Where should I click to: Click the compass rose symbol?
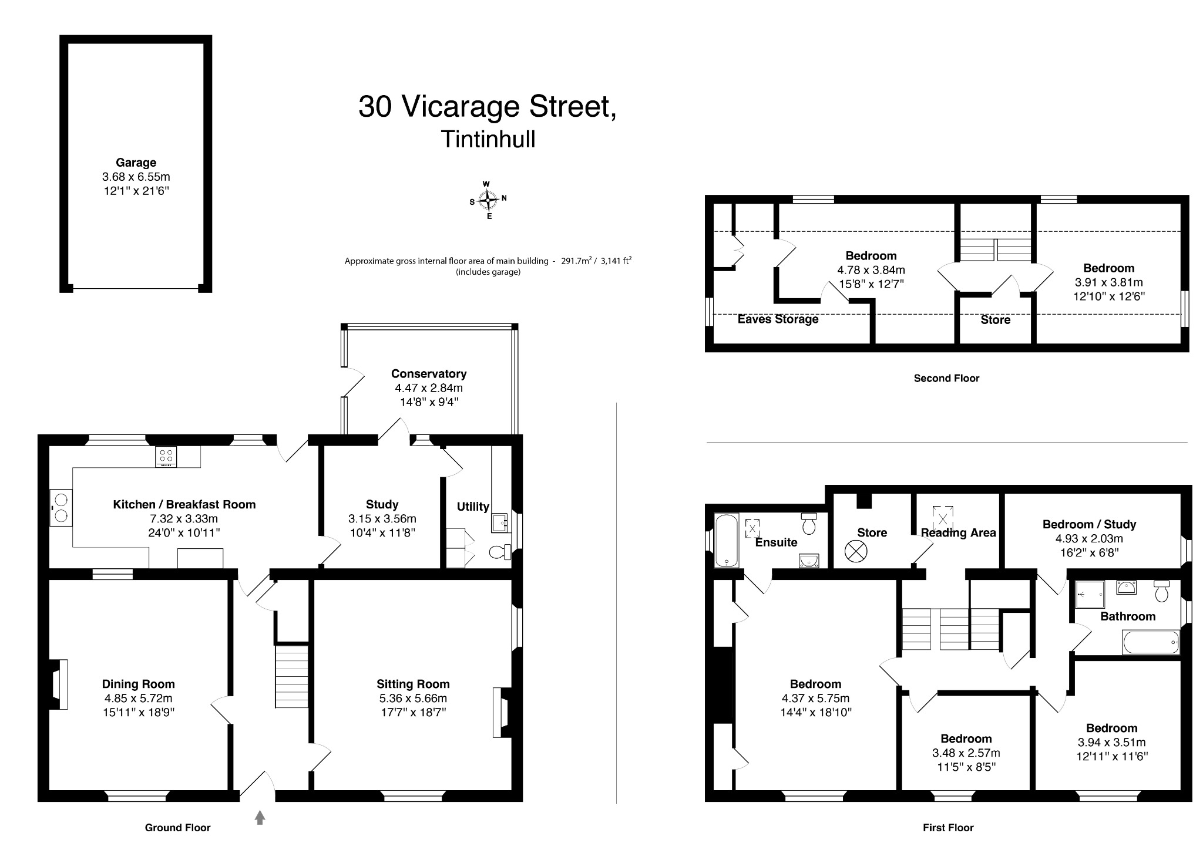point(488,200)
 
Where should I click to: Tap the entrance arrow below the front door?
point(260,817)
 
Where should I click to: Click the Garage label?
point(136,163)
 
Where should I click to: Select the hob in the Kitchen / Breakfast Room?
point(166,457)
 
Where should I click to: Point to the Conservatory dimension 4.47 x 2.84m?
point(428,388)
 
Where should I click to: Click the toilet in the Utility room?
point(500,552)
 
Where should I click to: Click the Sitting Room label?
point(413,684)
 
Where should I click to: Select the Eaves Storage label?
point(778,319)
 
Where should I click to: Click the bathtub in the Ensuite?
point(727,540)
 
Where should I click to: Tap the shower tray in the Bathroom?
point(1090,594)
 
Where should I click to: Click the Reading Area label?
point(958,532)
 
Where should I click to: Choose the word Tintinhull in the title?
point(488,139)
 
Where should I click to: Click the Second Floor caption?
point(946,378)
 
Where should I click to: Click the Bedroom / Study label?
point(1089,524)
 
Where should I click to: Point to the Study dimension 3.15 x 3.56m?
point(382,518)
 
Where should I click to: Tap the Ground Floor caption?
point(177,827)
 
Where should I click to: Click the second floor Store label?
point(995,319)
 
